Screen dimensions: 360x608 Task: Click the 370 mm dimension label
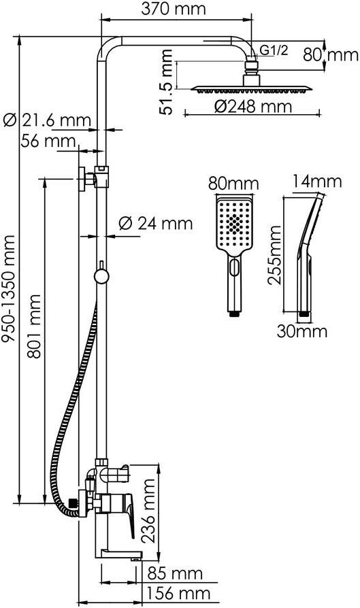point(173,9)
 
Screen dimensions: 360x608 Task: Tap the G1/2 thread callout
point(274,50)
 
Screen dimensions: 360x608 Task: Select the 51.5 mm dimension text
point(166,82)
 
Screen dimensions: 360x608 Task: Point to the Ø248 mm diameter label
point(252,106)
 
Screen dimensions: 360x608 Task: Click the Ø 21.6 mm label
point(47,120)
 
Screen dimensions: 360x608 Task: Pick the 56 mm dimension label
point(48,141)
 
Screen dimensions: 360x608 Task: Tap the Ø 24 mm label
point(156,223)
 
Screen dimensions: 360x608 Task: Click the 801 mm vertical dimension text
point(35,326)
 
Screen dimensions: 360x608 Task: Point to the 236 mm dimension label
point(148,510)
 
